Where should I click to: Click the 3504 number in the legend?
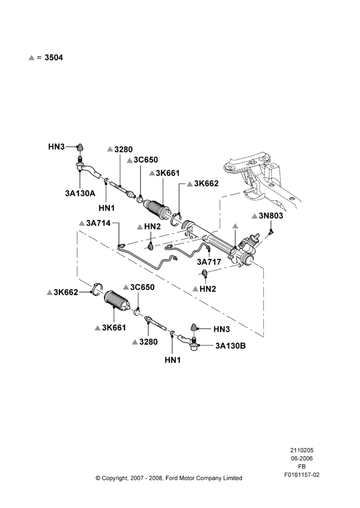coord(54,58)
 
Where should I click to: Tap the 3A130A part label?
coord(80,194)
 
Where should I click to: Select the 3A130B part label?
coord(230,346)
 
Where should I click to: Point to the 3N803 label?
coord(271,216)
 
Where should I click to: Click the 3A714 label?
coord(98,223)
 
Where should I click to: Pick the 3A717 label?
coord(209,262)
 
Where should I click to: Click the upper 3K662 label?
coord(206,183)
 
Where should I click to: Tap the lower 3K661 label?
coord(114,328)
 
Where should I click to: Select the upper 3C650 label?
coord(145,160)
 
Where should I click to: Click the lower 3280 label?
coord(148,342)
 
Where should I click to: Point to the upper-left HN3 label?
coord(56,147)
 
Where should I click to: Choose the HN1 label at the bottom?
coord(172,360)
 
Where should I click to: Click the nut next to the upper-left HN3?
coord(79,147)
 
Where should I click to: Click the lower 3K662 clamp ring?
coord(97,290)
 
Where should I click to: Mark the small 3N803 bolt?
coord(271,231)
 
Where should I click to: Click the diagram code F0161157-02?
coord(302,474)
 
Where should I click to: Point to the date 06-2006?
coord(302,458)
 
